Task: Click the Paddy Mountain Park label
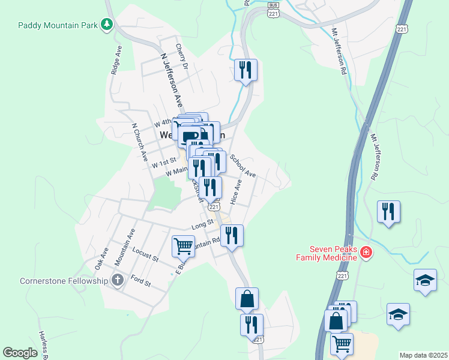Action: (x=57, y=25)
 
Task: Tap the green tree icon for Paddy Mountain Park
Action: (x=107, y=24)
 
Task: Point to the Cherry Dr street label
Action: (x=182, y=56)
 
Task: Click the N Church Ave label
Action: (x=140, y=143)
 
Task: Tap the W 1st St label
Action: (x=163, y=162)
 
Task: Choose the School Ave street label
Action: (x=243, y=167)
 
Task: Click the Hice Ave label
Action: (x=236, y=192)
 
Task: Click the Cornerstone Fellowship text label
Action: (x=63, y=280)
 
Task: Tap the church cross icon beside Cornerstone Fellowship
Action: (x=118, y=280)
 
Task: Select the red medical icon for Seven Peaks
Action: (x=366, y=253)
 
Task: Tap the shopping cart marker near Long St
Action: (x=183, y=245)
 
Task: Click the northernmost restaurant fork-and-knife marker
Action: (x=246, y=70)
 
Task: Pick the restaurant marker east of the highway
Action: (x=389, y=211)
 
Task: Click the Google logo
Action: (x=20, y=352)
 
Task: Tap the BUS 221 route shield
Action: (x=273, y=10)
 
